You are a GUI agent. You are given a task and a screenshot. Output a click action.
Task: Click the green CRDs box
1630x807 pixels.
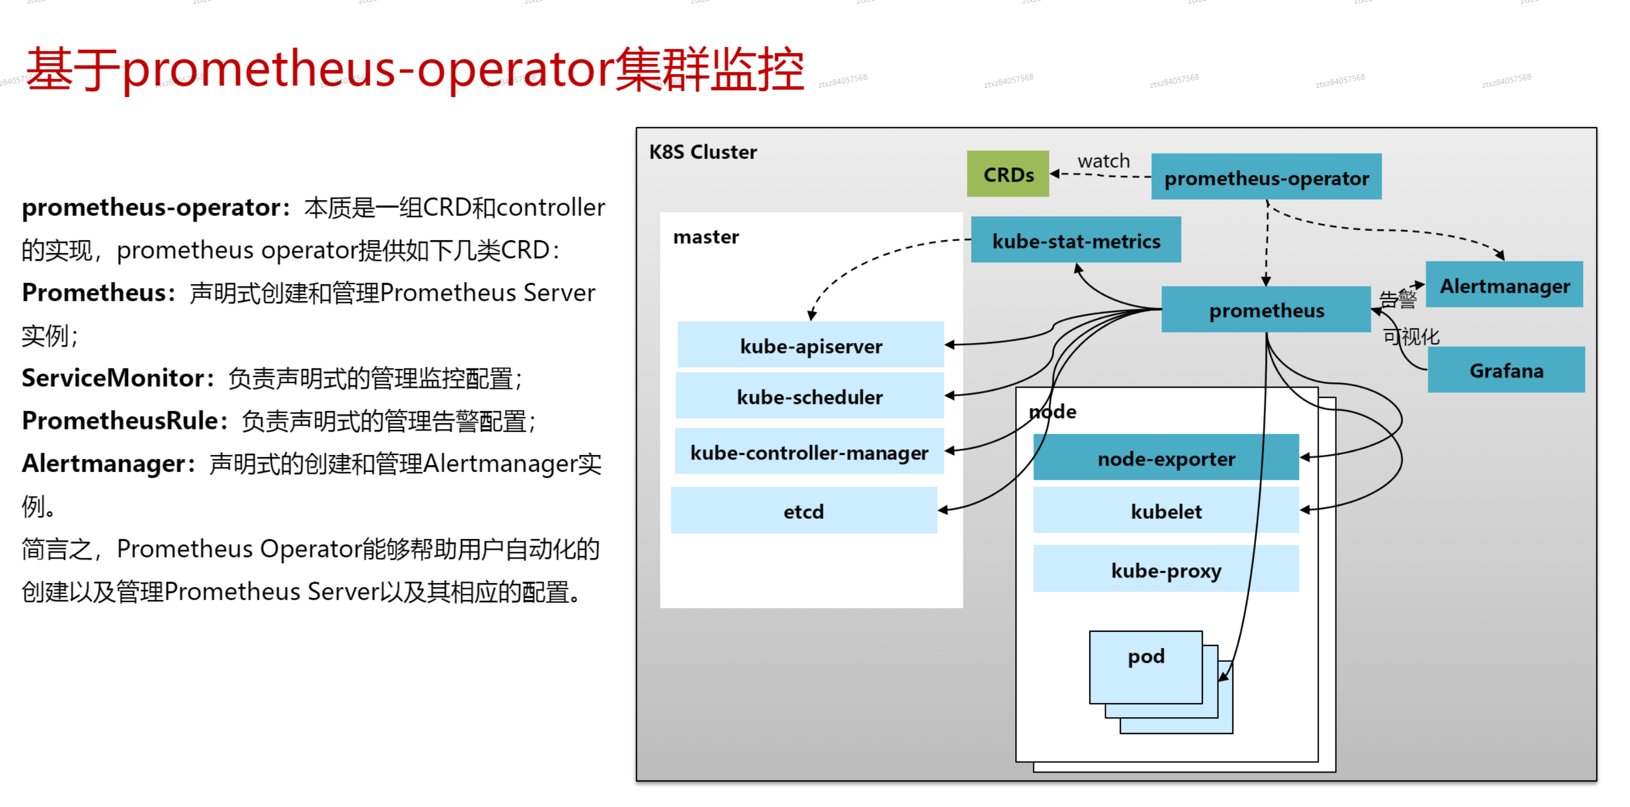tap(1007, 174)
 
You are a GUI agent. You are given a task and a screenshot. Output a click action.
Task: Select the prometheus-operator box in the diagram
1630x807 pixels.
tap(1266, 177)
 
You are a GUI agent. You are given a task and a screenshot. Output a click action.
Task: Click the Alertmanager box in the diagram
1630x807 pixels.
tap(1504, 285)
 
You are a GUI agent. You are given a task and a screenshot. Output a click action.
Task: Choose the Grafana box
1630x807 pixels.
tap(1506, 370)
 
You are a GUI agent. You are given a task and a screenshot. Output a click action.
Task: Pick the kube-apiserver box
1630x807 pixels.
tap(811, 346)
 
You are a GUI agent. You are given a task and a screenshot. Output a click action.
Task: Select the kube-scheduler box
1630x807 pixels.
tap(809, 396)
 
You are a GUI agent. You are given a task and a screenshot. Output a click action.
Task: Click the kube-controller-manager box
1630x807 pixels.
tap(809, 452)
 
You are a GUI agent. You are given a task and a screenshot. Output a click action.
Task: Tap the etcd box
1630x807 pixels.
tap(803, 511)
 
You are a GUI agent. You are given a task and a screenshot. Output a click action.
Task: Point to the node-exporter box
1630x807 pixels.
tap(1166, 458)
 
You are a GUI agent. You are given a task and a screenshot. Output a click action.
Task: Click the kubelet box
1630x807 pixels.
tap(1166, 511)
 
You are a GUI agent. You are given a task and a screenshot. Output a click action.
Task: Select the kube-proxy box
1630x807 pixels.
tap(1166, 570)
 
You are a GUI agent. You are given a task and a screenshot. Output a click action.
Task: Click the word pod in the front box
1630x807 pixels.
tap(1145, 656)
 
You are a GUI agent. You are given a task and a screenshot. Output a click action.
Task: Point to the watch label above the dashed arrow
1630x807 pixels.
tap(1103, 160)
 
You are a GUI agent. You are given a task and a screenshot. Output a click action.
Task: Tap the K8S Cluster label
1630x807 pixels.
tap(702, 152)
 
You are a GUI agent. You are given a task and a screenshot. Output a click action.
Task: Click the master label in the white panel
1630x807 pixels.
tap(706, 237)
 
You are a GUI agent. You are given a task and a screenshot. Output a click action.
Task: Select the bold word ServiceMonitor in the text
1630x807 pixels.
tap(113, 378)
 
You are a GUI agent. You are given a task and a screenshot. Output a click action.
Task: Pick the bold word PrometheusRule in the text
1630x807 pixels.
tap(120, 421)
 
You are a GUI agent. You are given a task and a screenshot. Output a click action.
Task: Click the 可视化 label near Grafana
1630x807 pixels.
tap(1411, 336)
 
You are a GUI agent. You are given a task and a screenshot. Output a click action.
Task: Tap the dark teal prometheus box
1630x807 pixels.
tap(1266, 310)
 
